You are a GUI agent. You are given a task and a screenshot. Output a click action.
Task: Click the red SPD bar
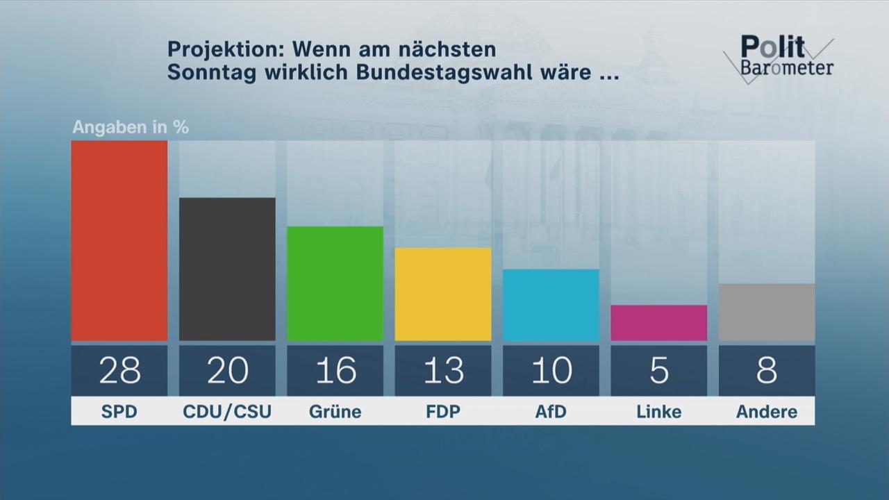click(119, 240)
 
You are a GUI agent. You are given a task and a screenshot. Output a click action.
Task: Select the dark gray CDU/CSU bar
click(227, 269)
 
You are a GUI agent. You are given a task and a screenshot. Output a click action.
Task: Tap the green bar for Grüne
click(335, 283)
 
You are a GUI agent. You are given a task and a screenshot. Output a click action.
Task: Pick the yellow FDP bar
click(443, 294)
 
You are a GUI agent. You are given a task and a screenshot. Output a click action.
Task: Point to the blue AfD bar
click(551, 305)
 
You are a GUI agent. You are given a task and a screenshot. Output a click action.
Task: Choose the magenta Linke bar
click(658, 323)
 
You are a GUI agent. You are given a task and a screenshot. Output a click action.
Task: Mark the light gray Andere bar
click(767, 312)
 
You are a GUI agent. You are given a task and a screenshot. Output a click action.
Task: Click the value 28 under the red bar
click(119, 371)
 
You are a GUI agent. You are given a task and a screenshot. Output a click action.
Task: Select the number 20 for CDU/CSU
click(227, 371)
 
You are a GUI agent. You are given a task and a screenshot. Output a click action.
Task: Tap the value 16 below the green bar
click(335, 371)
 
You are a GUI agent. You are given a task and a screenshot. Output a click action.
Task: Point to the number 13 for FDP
click(443, 371)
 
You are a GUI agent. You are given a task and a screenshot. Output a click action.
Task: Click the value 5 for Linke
click(658, 371)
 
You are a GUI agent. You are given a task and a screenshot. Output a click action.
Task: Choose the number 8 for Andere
click(767, 371)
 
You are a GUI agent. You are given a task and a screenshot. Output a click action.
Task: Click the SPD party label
click(119, 412)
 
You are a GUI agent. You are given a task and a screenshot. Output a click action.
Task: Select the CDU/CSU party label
click(227, 412)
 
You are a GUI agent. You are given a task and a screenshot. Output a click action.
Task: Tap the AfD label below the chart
click(551, 412)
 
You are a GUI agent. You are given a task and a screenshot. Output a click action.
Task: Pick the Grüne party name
click(335, 412)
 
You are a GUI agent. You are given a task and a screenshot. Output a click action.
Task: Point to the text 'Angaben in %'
click(131, 128)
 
